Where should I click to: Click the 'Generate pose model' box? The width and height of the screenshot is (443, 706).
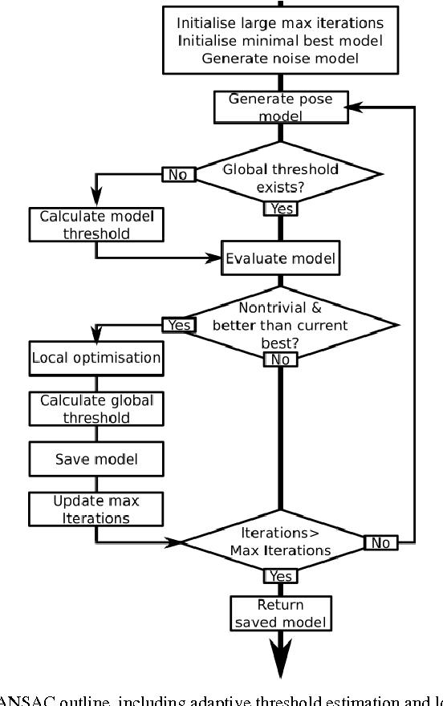(x=280, y=107)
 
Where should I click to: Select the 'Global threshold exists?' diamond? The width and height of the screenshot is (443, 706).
(x=280, y=176)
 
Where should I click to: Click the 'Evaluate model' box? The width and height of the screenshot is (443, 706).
(x=280, y=258)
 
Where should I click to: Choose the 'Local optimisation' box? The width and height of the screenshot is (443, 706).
(x=96, y=358)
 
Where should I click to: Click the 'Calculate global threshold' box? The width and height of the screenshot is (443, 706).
(x=96, y=408)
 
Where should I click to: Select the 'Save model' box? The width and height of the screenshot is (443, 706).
(x=96, y=459)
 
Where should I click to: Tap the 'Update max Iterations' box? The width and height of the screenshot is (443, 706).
(x=96, y=509)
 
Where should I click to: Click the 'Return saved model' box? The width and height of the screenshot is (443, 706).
(x=280, y=612)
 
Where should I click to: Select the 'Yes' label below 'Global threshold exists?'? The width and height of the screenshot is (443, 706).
(x=280, y=209)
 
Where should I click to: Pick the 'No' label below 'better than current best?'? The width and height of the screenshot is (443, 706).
(x=280, y=359)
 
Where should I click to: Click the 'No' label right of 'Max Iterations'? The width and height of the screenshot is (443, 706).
(x=380, y=543)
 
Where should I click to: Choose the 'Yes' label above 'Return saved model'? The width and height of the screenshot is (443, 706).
(x=280, y=577)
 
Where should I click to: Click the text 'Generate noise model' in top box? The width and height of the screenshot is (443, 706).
(x=280, y=58)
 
